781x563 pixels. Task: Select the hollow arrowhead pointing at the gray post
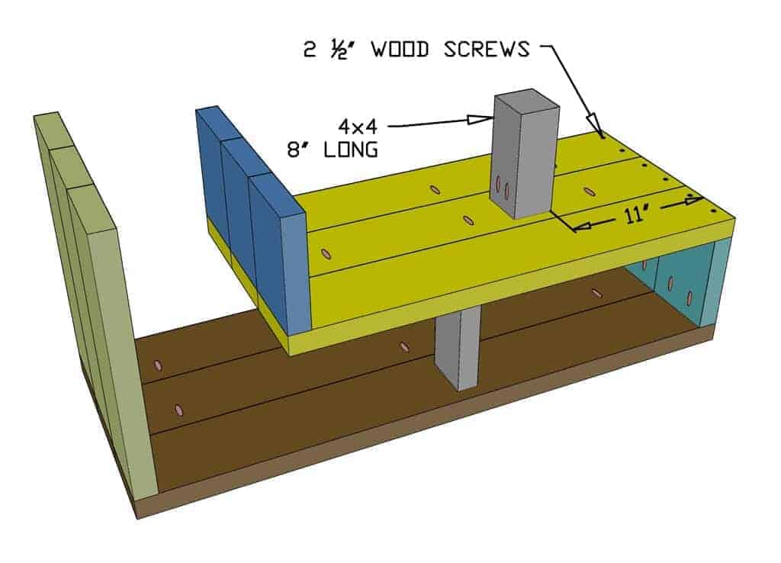click(480, 118)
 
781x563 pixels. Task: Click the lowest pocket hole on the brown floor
click(178, 410)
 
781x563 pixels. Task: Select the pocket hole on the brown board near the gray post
click(404, 347)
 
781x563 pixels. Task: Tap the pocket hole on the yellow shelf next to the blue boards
click(327, 253)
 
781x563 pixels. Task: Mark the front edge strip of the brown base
click(427, 427)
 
